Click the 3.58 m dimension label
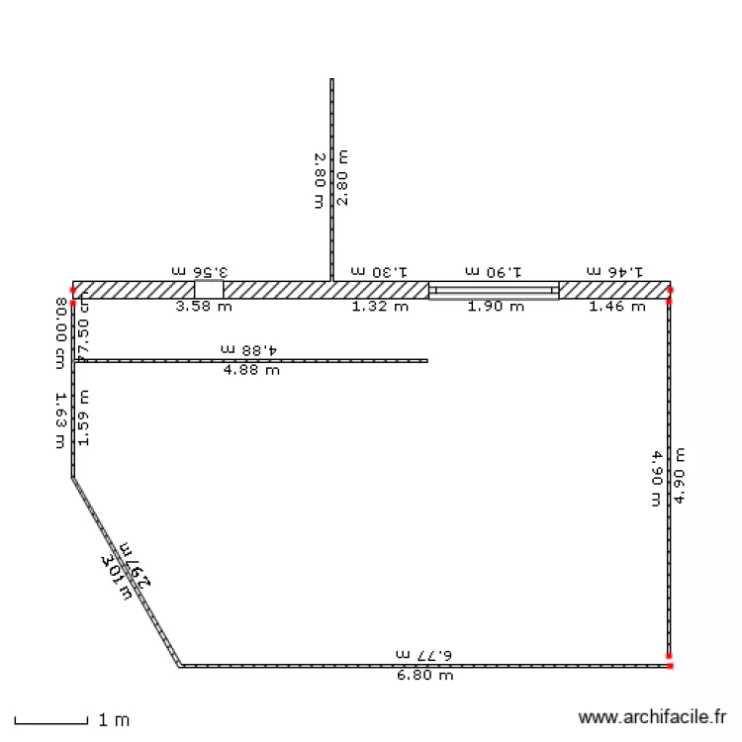pos(204,307)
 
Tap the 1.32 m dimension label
pos(380,307)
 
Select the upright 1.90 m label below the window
pos(496,307)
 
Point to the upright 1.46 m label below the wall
pos(617,307)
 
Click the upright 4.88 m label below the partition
pos(251,371)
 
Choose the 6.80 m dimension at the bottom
pos(424,676)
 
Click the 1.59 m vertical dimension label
pos(83,417)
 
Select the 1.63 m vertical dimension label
pos(61,419)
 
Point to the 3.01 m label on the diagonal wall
pos(117,577)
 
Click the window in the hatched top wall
pos(494,290)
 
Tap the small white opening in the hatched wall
pos(209,290)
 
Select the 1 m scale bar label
pos(114,720)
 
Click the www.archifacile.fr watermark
pos(652,718)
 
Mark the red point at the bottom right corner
pos(670,666)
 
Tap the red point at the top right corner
pos(670,289)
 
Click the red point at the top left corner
pos(73,290)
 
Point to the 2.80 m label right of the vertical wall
pos(342,177)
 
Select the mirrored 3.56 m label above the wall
pos(200,270)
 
